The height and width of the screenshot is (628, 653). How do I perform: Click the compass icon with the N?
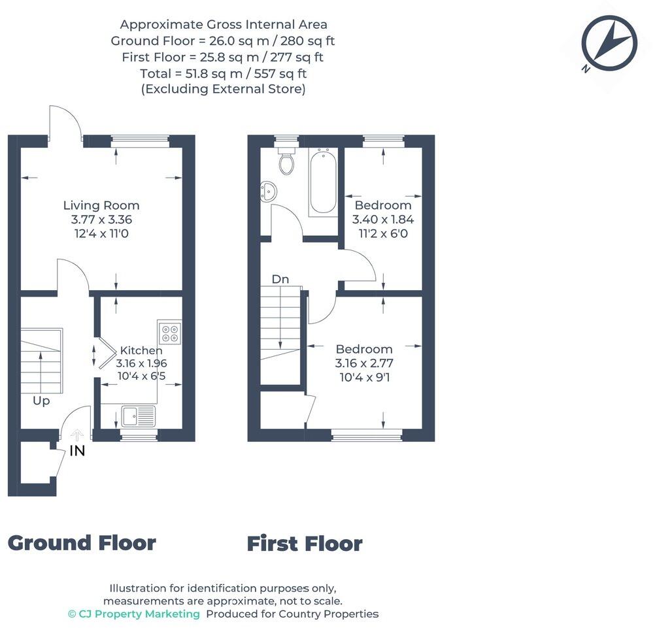tap(609, 43)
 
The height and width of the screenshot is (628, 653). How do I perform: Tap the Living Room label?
tap(101, 205)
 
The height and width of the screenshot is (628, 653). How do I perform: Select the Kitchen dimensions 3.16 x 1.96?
tap(141, 363)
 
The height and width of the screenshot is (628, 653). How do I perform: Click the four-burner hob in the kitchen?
tap(170, 333)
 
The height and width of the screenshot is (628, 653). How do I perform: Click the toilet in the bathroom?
tap(286, 161)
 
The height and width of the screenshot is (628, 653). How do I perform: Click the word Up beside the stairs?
tap(41, 401)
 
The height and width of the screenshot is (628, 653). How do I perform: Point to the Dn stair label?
tap(280, 279)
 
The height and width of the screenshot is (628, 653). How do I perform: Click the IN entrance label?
tap(77, 450)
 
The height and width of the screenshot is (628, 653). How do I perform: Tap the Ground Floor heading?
tap(82, 542)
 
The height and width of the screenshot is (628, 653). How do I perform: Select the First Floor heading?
tap(304, 544)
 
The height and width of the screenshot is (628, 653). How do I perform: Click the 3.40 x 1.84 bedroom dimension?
tap(383, 220)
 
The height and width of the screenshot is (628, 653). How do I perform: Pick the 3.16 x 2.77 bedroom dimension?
tap(364, 363)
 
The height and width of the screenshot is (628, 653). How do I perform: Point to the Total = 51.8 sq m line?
tap(223, 73)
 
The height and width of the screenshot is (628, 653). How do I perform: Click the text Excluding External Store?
tap(223, 90)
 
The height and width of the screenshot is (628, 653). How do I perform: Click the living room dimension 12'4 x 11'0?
tap(101, 234)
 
